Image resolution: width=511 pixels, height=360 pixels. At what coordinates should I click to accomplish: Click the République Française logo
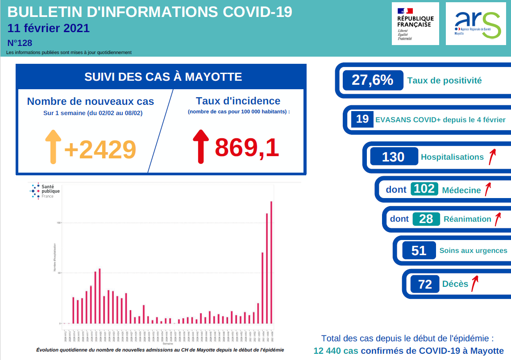[x=415, y=23]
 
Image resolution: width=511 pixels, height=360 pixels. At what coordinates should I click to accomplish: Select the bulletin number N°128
[x=20, y=43]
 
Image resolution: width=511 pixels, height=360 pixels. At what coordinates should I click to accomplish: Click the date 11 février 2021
[x=49, y=28]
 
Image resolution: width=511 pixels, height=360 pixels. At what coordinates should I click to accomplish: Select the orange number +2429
[x=100, y=149]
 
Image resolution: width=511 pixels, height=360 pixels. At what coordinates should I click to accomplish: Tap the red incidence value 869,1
[x=247, y=148]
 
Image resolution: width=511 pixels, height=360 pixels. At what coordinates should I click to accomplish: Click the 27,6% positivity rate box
[x=373, y=80]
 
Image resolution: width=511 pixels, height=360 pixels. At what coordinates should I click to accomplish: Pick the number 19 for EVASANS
[x=362, y=119]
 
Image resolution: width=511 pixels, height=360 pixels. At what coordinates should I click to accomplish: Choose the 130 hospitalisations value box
[x=394, y=157]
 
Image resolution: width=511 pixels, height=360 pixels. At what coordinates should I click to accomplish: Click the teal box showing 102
[x=424, y=189]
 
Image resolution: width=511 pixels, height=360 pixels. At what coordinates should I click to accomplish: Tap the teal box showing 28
[x=426, y=219]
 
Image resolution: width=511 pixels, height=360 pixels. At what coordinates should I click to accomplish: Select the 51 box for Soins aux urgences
[x=419, y=250]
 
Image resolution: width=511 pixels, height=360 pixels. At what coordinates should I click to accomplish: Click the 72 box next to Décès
[x=425, y=284]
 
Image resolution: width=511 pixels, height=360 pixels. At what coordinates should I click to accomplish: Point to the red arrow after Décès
[x=475, y=282]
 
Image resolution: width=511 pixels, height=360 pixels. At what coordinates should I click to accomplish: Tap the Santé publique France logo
[x=45, y=191]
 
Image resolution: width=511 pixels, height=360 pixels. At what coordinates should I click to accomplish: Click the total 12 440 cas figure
[x=336, y=351]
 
